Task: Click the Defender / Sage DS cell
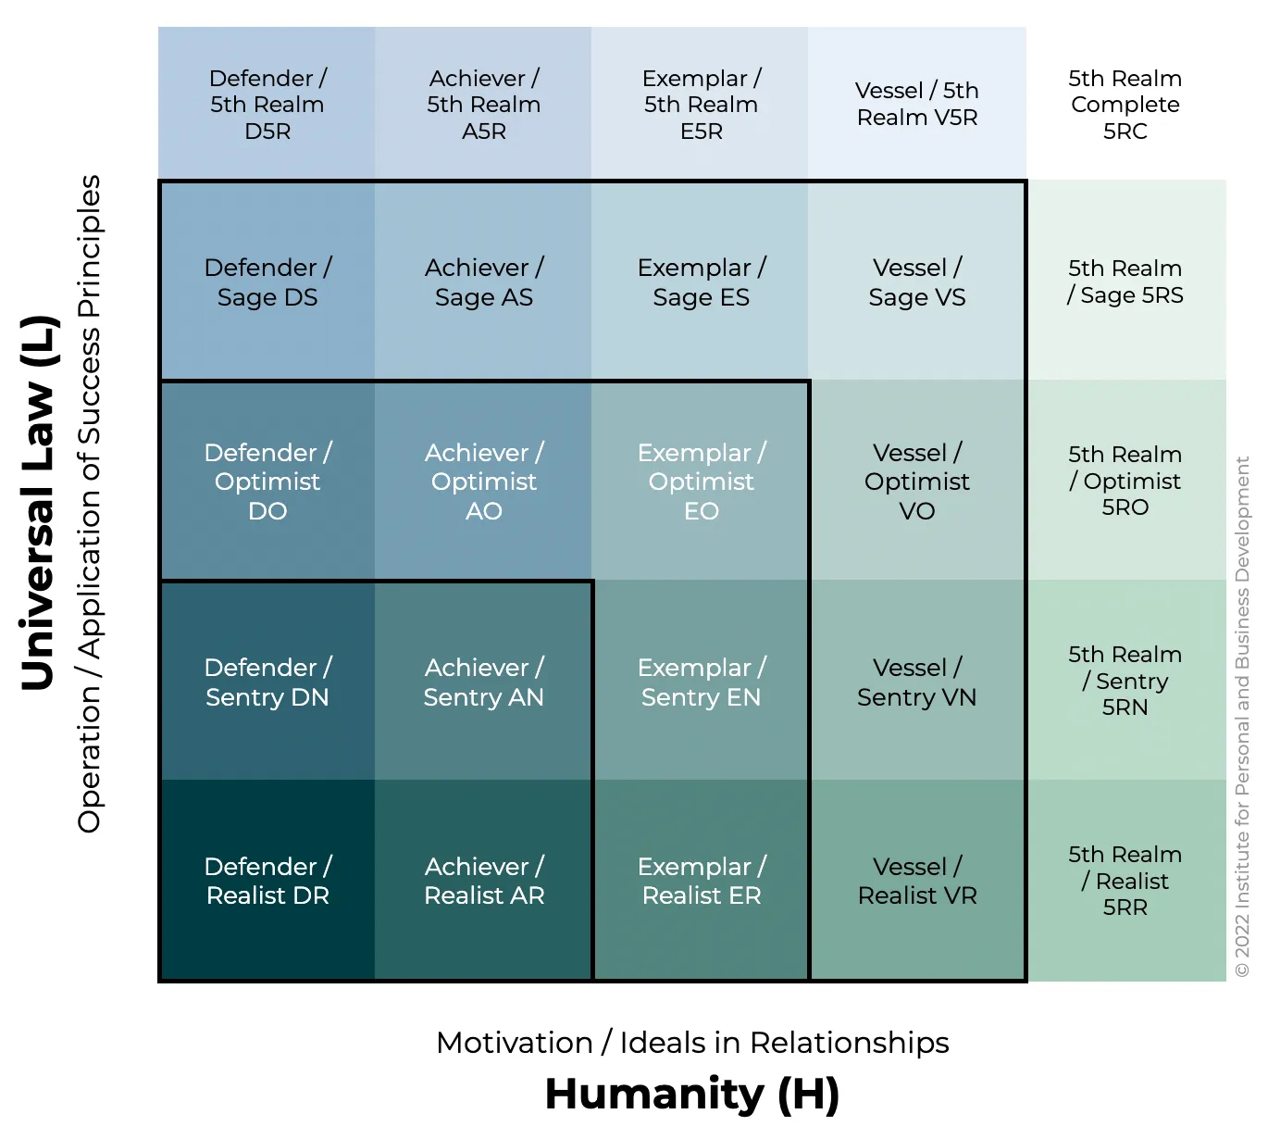pyautogui.click(x=267, y=282)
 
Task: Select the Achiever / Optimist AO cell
pyautogui.click(x=483, y=482)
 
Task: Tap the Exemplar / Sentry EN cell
pyautogui.click(x=701, y=682)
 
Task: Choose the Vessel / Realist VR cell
pyautogui.click(x=917, y=881)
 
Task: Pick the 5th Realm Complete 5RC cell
pyautogui.click(x=1125, y=104)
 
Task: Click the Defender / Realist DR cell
pyautogui.click(x=267, y=881)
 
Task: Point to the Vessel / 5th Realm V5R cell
pyautogui.click(x=917, y=104)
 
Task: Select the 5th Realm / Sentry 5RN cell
pyautogui.click(x=1125, y=681)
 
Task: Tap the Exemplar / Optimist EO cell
pyautogui.click(x=701, y=482)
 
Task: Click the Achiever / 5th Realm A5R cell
pyautogui.click(x=483, y=104)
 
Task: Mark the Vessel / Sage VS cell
pyautogui.click(x=917, y=282)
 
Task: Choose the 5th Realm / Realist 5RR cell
pyautogui.click(x=1125, y=881)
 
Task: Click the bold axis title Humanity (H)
pyautogui.click(x=692, y=1095)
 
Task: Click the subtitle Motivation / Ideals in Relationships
pyautogui.click(x=692, y=1043)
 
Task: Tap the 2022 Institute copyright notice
pyautogui.click(x=1242, y=716)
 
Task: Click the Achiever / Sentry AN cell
pyautogui.click(x=483, y=682)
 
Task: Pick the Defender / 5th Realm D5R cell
pyautogui.click(x=267, y=104)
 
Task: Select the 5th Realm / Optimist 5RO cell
pyautogui.click(x=1125, y=481)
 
